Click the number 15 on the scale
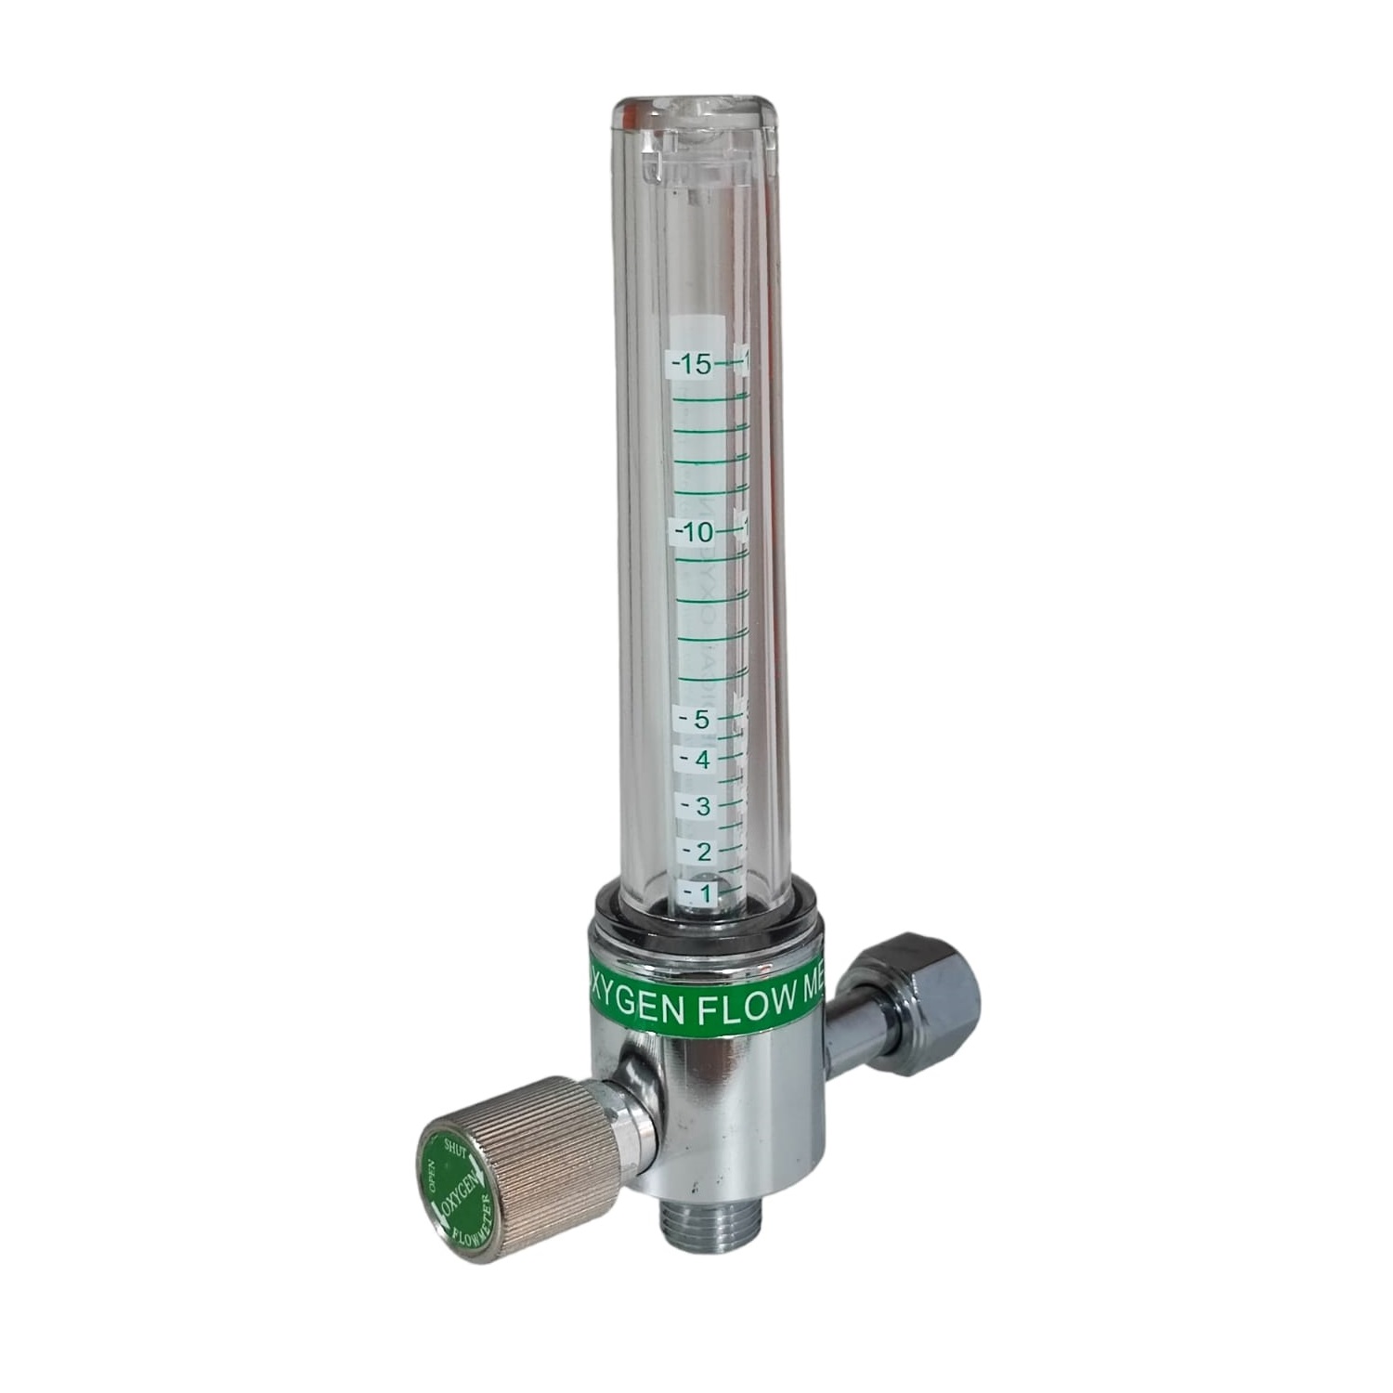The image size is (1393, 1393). pos(696,365)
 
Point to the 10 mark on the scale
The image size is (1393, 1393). pos(696,533)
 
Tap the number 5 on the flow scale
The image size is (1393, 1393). pos(701,719)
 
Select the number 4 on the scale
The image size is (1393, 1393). pos(702,761)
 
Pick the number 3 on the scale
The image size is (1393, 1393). pos(702,806)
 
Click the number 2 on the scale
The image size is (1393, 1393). pos(703,852)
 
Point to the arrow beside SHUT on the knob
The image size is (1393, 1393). pos(476,1161)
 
